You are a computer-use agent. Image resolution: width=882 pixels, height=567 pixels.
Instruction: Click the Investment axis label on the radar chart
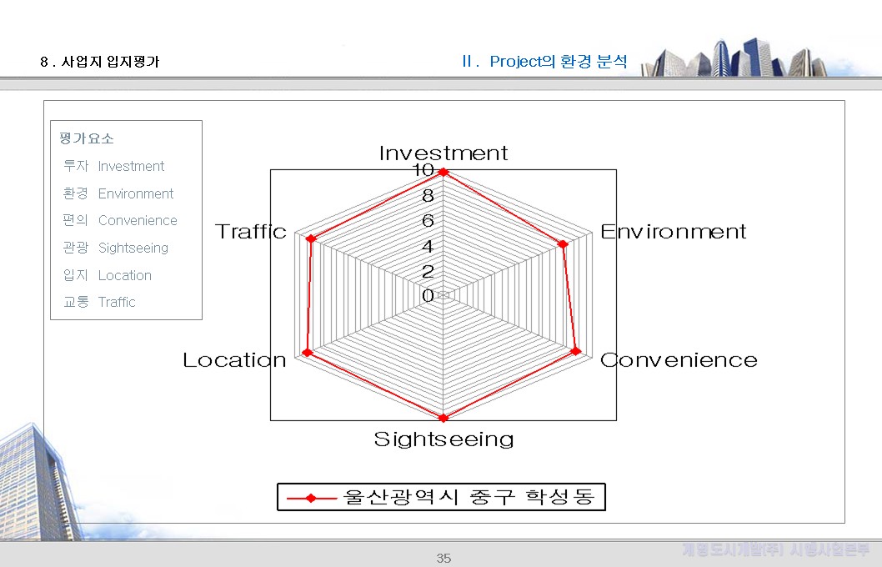click(443, 153)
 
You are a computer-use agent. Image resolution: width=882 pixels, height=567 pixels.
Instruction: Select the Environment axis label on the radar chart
click(673, 232)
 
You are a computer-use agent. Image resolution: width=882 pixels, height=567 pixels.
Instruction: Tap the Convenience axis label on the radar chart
click(679, 360)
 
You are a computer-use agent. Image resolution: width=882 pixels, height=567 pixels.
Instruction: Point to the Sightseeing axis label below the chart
click(444, 439)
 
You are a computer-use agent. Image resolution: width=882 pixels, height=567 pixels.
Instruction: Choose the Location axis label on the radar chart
click(234, 360)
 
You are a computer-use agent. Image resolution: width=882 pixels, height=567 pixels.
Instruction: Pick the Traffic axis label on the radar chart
click(251, 232)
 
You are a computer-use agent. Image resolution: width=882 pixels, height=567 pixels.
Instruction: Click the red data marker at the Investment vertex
click(444, 173)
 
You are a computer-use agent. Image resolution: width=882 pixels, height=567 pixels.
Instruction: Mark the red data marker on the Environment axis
click(563, 244)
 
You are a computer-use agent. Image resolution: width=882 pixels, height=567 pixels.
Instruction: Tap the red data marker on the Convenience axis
click(575, 352)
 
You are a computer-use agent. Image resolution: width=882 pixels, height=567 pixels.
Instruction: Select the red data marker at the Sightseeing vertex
click(444, 418)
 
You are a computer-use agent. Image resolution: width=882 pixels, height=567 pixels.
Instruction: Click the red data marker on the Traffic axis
click(311, 239)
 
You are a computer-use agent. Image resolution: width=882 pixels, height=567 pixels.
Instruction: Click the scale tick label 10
click(423, 171)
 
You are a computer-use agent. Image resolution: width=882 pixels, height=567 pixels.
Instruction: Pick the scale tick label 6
click(428, 221)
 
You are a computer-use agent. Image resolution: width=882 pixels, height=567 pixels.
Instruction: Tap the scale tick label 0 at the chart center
click(428, 296)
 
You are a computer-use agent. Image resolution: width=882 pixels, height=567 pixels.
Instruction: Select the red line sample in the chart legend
click(310, 498)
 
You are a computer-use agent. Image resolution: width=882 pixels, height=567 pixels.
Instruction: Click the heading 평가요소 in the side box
click(87, 138)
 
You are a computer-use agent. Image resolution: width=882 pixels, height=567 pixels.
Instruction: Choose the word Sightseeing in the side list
click(133, 248)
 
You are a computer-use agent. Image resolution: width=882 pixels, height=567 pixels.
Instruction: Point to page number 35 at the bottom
click(444, 558)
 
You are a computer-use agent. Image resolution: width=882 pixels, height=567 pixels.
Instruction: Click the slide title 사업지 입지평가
click(110, 62)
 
